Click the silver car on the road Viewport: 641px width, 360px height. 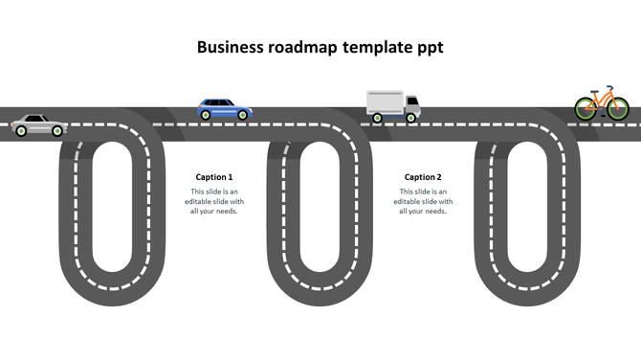click(x=37, y=124)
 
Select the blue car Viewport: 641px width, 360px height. click(x=225, y=109)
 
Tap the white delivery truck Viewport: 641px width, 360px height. click(x=392, y=106)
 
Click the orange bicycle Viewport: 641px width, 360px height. click(x=602, y=103)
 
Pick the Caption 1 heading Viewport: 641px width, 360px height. click(x=214, y=177)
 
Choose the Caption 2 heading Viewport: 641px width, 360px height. click(x=423, y=177)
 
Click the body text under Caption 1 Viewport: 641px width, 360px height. click(x=214, y=201)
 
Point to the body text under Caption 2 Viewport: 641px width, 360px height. click(x=423, y=201)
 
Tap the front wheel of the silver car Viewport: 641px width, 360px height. click(x=57, y=129)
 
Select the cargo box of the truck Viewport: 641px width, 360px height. click(x=385, y=102)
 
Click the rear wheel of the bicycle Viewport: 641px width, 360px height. click(x=586, y=108)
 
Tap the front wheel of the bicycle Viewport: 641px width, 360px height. click(x=618, y=108)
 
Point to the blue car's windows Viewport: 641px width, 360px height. click(x=221, y=103)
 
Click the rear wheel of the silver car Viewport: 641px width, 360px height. click(x=18, y=129)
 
